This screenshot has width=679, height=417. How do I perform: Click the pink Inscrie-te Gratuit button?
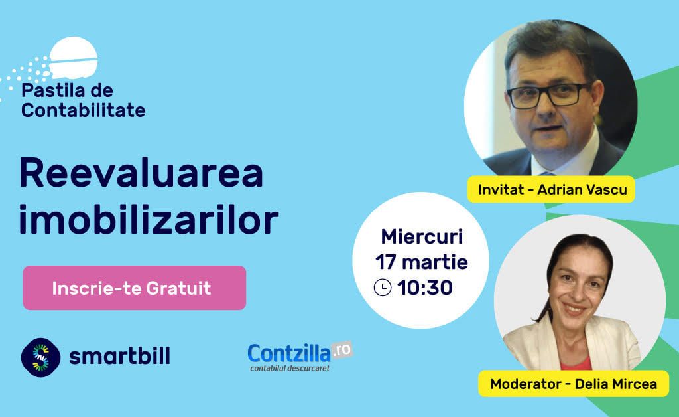pos(134,288)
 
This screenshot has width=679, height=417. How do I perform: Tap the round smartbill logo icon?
pos(40,358)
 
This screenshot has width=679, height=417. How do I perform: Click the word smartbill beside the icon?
pos(119,356)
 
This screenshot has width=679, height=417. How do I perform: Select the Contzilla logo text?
pos(289,353)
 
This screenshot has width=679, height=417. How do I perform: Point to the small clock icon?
pos(383,288)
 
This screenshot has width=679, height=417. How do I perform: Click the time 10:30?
pos(425,288)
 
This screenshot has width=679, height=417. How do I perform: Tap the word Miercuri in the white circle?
pos(422,236)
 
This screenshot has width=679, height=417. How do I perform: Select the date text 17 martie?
pos(421,262)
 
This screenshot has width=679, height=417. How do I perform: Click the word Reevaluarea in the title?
pos(141,173)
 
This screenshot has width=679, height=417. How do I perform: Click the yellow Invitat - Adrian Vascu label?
pos(551,189)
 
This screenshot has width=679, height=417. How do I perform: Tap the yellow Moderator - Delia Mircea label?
pos(574,384)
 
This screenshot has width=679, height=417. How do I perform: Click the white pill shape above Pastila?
pos(73,57)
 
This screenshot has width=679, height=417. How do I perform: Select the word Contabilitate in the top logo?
pos(83,110)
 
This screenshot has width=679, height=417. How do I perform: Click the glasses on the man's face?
pos(548,95)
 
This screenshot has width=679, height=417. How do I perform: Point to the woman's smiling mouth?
pos(575,309)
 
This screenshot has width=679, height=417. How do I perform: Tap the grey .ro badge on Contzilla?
pos(342,350)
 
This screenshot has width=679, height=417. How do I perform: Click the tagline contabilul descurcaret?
pos(290,369)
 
